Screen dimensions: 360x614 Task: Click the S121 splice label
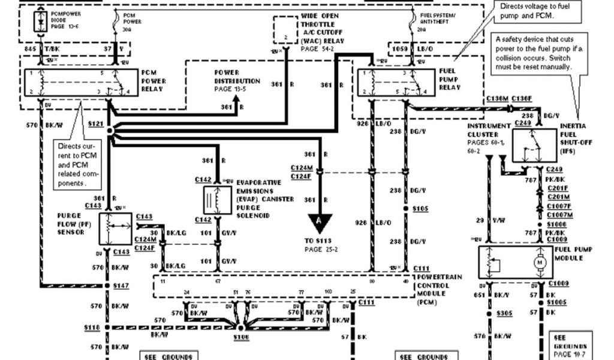pyautogui.click(x=96, y=123)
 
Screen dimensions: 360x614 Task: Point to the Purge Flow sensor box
pyautogui.click(x=115, y=229)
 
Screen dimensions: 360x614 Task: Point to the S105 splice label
pyautogui.click(x=420, y=208)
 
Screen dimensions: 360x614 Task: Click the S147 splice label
pyautogui.click(x=121, y=286)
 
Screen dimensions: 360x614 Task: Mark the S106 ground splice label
pyautogui.click(x=241, y=338)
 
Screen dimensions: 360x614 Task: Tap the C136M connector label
pyautogui.click(x=497, y=98)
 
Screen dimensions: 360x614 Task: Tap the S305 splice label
pyautogui.click(x=505, y=313)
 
